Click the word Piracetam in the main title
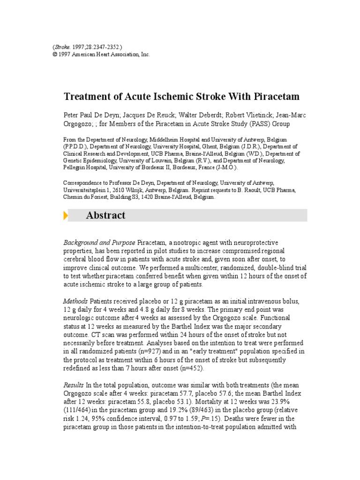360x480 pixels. pyautogui.click(x=276, y=97)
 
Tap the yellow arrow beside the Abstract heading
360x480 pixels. pyautogui.click(x=66, y=216)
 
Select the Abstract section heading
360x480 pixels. pyautogui.click(x=106, y=216)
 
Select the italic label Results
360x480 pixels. pyautogui.click(x=74, y=384)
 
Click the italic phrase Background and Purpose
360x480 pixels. pyautogui.click(x=100, y=242)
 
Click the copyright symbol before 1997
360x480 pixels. pyautogui.click(x=54, y=55)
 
